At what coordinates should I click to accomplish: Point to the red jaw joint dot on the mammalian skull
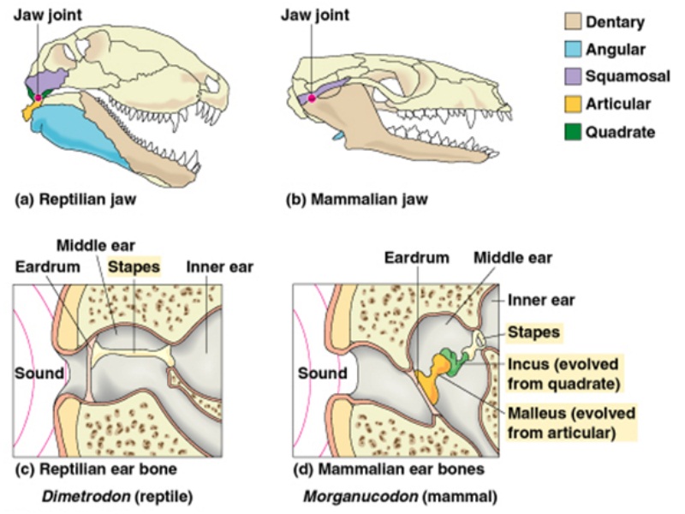point(312,99)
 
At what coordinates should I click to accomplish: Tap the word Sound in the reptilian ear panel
point(39,374)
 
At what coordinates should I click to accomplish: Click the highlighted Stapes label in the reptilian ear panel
point(134,266)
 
